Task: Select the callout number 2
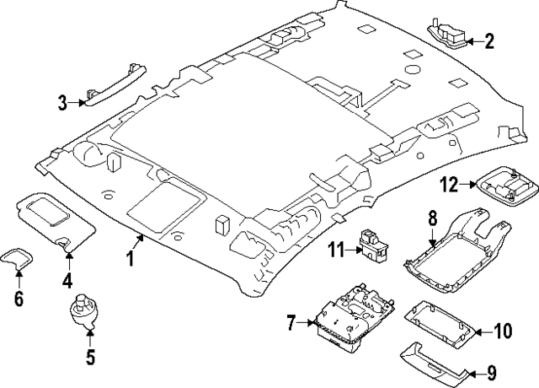[488, 40]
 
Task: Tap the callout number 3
[62, 104]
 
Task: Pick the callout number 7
[291, 323]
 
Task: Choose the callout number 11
[336, 249]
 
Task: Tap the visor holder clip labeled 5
[83, 308]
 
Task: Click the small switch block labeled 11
[371, 244]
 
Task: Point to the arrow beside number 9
[475, 372]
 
